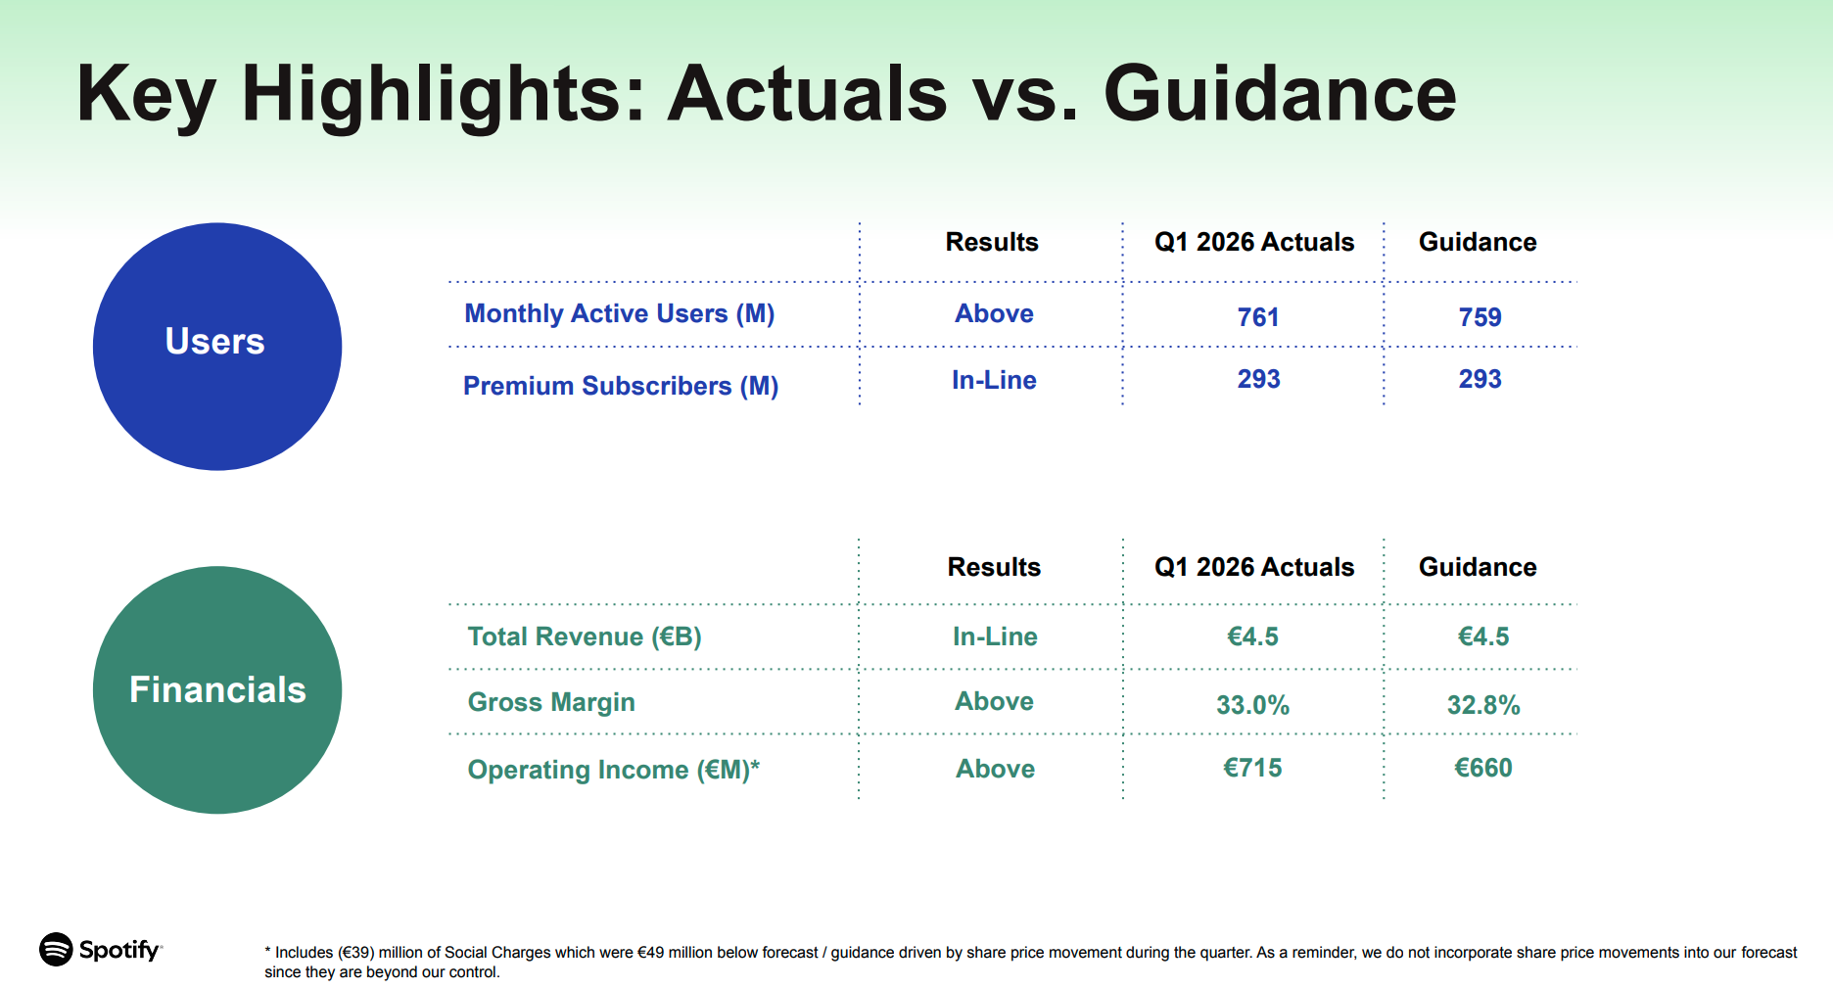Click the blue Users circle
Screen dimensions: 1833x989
point(217,347)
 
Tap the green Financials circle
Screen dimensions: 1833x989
point(217,689)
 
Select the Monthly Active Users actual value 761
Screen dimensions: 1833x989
point(1258,317)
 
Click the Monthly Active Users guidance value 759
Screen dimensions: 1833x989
point(1480,317)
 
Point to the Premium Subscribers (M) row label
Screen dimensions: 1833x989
point(621,386)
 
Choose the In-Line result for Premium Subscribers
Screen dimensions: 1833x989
point(994,380)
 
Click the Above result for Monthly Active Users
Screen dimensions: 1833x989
point(994,313)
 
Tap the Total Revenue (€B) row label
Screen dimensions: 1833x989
point(585,636)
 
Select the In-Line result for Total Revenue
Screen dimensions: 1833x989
point(995,636)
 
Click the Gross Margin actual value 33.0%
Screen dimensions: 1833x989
point(1252,705)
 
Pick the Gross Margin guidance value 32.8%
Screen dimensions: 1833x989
point(1483,705)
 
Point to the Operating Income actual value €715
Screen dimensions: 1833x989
point(1252,768)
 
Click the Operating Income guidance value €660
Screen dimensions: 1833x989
point(1483,768)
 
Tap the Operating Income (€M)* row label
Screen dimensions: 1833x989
point(614,770)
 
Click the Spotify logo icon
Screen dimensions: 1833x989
point(56,949)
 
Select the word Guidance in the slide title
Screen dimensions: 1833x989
point(1280,94)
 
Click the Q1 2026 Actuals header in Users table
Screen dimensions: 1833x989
point(1254,242)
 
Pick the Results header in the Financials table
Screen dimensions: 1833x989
point(994,567)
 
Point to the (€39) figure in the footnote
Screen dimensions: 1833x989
point(356,952)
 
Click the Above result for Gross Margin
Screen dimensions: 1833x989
point(994,701)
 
